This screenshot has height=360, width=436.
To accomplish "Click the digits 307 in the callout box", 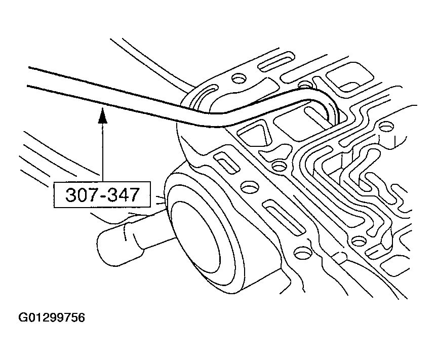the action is click(78, 194).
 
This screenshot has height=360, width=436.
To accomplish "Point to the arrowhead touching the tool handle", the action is click(103, 115).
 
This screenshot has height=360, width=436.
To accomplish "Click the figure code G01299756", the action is click(52, 317).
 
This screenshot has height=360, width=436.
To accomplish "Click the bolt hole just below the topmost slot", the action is click(239, 78).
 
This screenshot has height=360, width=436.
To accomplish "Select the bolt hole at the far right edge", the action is click(386, 127).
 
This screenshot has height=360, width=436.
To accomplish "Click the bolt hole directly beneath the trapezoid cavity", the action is click(279, 167).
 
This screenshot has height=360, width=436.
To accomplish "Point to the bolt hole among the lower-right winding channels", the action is click(359, 241).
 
